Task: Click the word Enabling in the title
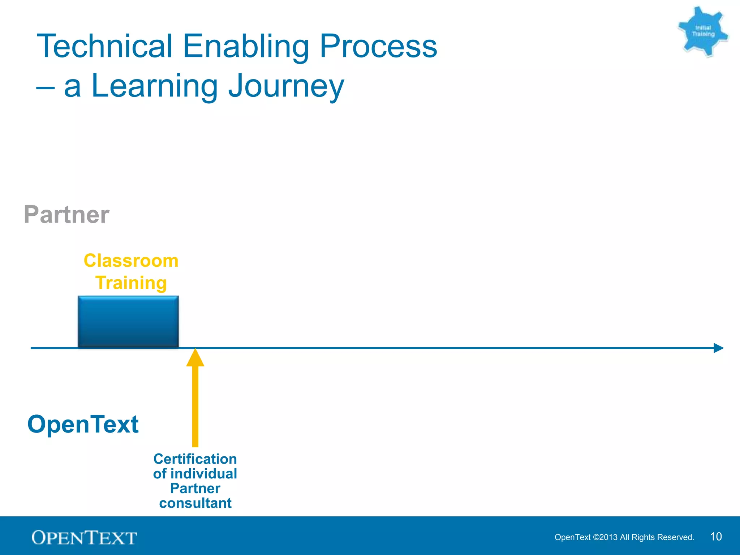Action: point(246,47)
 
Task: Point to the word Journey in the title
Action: point(286,87)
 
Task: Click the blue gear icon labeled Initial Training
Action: point(703,31)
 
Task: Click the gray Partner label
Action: point(66,215)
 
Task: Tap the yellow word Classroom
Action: point(131,261)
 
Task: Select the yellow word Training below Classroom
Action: point(131,283)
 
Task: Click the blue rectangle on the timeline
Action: point(128,321)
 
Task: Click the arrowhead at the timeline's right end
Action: point(718,348)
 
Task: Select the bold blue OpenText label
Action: point(83,424)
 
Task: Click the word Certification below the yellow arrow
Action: point(195,459)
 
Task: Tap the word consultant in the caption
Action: point(195,503)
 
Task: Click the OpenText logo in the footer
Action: point(84,538)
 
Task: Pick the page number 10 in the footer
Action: point(716,537)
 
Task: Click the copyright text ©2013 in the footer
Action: point(605,537)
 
